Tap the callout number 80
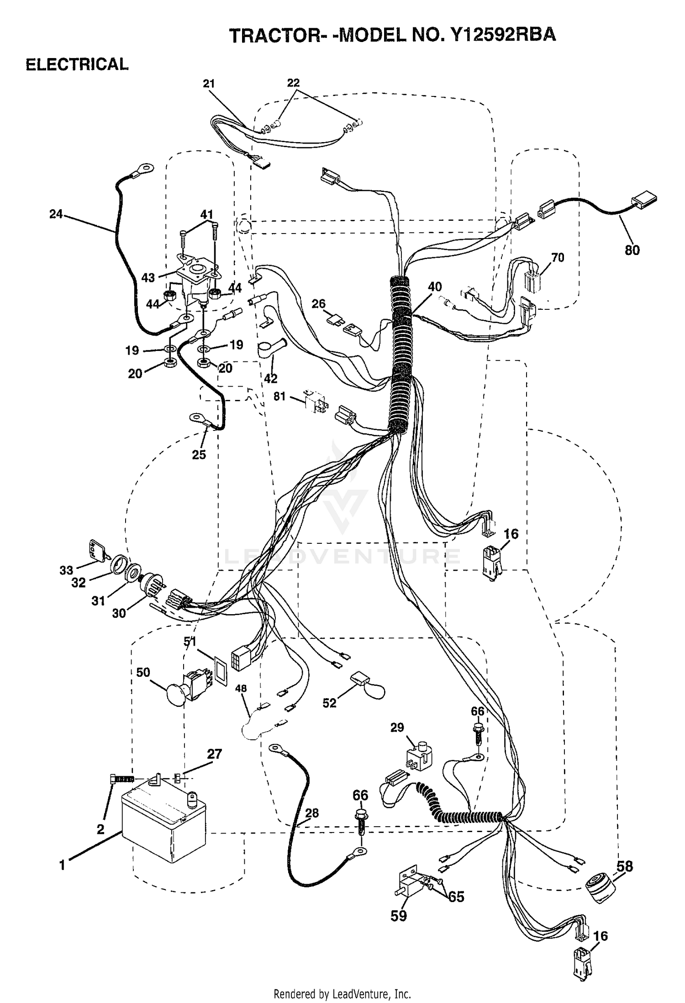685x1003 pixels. point(632,250)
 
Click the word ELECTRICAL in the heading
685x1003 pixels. point(77,64)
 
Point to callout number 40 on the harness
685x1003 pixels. point(435,287)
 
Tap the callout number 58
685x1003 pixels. point(625,866)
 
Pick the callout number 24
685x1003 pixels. point(56,214)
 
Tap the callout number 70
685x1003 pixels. point(558,258)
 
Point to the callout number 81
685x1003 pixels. point(279,396)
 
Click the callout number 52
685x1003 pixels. point(329,703)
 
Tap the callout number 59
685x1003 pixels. point(399,916)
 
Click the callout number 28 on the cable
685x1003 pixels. point(312,813)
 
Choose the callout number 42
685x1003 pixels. point(271,378)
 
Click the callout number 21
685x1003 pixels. point(209,84)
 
